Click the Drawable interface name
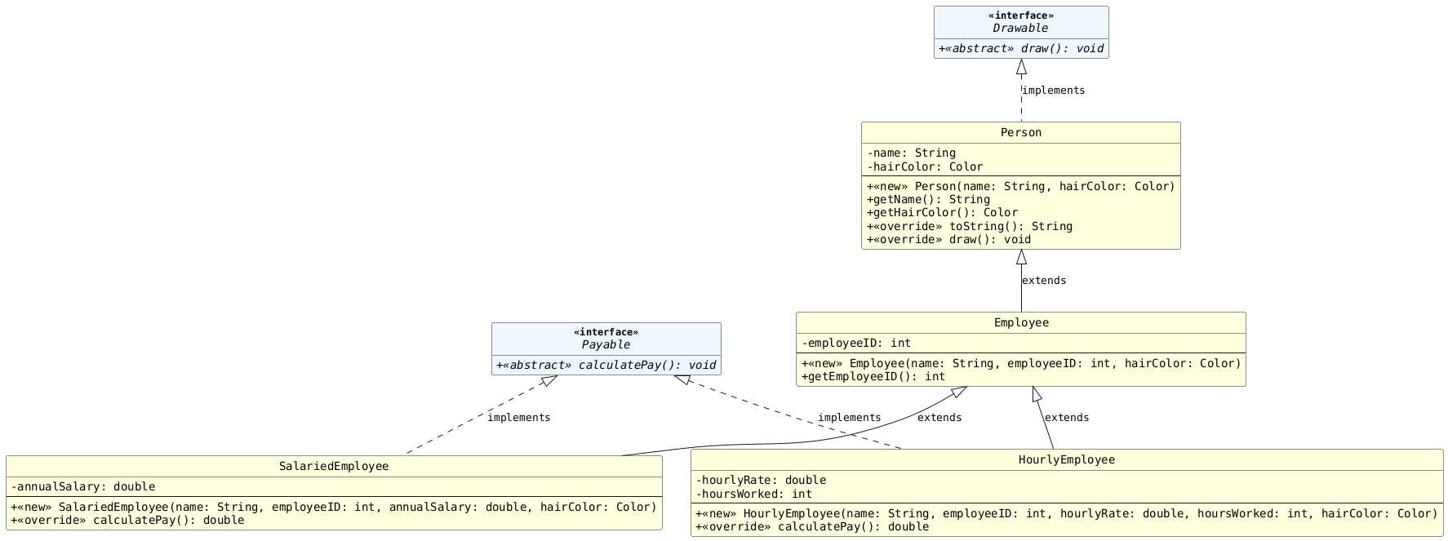tap(1020, 29)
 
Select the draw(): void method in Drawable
tap(1020, 49)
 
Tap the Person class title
tap(1020, 133)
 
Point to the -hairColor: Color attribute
tap(925, 167)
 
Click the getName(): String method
tap(928, 200)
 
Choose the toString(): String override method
tap(969, 227)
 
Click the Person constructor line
tap(1020, 187)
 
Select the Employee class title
tap(1020, 323)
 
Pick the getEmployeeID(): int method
tap(873, 377)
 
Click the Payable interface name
tap(606, 345)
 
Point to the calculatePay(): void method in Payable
tap(606, 366)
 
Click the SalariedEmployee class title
tap(334, 467)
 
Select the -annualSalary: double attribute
tap(83, 487)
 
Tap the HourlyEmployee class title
tap(1066, 460)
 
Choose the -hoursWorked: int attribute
tap(753, 494)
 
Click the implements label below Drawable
tap(1053, 91)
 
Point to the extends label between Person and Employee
tap(1043, 281)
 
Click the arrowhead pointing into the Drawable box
tap(1021, 67)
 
